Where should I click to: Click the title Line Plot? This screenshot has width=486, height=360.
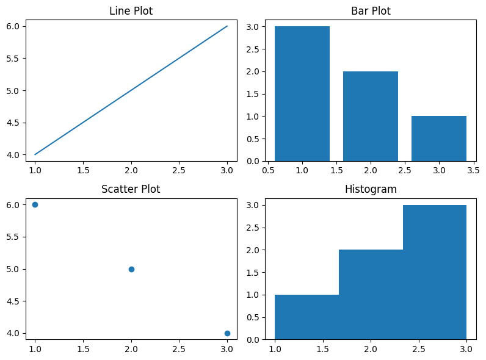[131, 11]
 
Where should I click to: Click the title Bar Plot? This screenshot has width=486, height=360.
[371, 11]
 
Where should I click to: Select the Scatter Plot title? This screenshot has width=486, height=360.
[131, 189]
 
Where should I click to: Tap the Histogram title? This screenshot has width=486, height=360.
[371, 189]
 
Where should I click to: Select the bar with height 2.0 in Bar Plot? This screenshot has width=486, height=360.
[371, 116]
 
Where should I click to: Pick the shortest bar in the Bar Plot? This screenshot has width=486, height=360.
[439, 139]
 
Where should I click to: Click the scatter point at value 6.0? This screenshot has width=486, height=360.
[35, 204]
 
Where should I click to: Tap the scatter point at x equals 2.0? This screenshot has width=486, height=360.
[131, 269]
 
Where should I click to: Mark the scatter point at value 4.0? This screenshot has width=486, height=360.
[227, 333]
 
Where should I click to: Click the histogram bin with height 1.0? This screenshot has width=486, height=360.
[306, 317]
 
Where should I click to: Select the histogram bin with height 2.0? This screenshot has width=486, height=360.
[371, 295]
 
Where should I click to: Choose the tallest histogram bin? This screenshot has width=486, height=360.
[435, 272]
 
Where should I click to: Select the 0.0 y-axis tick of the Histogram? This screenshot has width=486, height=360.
[253, 339]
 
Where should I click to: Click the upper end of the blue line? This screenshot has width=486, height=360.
[227, 26]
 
